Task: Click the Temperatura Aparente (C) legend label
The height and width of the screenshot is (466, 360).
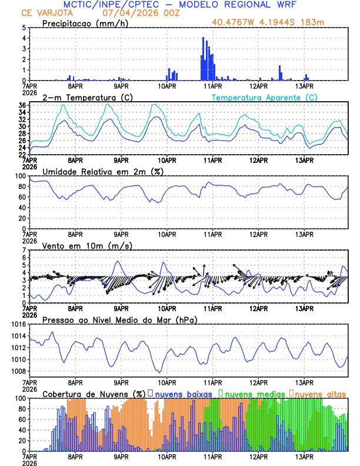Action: coord(264,97)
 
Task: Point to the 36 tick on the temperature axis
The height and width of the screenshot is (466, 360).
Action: coord(22,105)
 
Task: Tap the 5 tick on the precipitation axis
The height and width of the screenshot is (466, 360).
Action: coord(24,28)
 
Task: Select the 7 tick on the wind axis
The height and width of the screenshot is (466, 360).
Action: coord(24,250)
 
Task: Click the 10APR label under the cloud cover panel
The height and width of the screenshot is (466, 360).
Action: coord(167,456)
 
